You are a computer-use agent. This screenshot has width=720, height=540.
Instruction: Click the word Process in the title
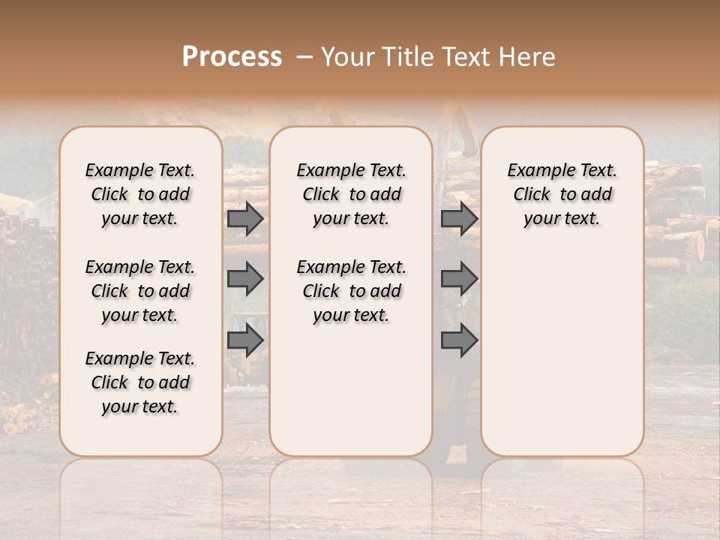tap(232, 57)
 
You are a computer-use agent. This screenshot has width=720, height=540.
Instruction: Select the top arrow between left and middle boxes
tap(245, 219)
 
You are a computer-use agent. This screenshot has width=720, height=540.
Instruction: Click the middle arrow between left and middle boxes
tap(245, 279)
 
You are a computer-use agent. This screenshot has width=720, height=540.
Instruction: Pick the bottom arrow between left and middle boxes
tap(245, 340)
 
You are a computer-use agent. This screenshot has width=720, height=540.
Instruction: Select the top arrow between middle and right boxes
tap(459, 219)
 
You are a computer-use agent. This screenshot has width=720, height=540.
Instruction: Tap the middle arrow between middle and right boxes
tap(459, 279)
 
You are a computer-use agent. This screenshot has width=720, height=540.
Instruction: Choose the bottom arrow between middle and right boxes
tap(459, 340)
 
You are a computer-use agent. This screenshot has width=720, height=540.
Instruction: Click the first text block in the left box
tap(140, 195)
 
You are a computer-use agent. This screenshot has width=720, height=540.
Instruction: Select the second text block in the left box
tap(140, 291)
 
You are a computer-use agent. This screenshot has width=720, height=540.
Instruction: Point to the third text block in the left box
tap(140, 382)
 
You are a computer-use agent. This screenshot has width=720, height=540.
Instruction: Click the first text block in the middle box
tap(351, 195)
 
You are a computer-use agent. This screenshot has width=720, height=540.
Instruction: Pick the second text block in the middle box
tap(351, 291)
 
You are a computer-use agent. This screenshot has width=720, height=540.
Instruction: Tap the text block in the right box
tap(562, 195)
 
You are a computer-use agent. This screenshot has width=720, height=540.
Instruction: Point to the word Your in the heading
tap(345, 57)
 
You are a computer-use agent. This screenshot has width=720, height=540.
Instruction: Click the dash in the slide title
tap(304, 57)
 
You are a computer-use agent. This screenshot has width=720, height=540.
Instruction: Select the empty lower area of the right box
tap(562, 345)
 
